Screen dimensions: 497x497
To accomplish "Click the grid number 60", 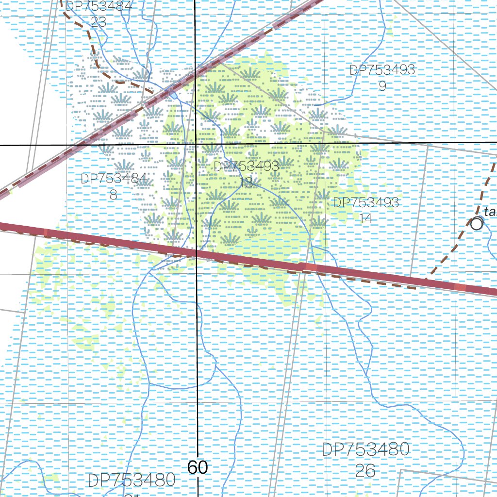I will [x=197, y=467].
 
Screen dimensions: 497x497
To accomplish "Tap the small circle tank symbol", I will [x=477, y=224].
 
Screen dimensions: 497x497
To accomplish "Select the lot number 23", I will [x=99, y=22].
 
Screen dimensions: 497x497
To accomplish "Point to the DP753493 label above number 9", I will [x=382, y=70].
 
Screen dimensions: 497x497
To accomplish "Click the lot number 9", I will [x=382, y=86].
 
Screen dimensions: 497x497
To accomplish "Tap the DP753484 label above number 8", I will [x=114, y=179].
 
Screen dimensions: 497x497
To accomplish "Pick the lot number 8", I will [x=114, y=195].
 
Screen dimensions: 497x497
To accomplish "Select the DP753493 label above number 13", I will [x=247, y=166].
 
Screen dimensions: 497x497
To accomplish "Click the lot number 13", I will [x=246, y=182].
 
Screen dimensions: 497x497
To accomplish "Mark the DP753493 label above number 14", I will [x=366, y=202].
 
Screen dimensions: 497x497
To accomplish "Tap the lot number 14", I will [x=366, y=218].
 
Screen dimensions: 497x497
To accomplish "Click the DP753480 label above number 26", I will [x=366, y=449].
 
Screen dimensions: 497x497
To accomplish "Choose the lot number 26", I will [x=365, y=470].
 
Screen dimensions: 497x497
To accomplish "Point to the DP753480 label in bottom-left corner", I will [x=132, y=480].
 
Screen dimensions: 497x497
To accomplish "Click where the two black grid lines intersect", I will [x=196, y=144].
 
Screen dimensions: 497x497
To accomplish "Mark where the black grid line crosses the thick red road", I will [x=197, y=253].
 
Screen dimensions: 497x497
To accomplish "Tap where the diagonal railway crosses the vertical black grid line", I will [x=195, y=72].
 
